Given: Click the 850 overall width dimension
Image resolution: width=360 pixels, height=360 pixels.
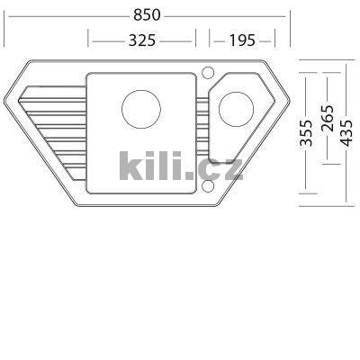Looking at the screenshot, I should point(148,16).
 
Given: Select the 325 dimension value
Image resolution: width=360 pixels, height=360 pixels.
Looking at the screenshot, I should point(142,40).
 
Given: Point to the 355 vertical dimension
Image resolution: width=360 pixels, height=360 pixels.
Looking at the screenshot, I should point(307,132).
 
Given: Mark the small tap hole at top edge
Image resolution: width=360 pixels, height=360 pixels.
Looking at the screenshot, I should point(208,70).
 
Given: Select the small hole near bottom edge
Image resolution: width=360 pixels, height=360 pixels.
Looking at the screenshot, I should point(209,186).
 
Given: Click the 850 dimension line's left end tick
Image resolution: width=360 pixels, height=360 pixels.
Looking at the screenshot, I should point(4,16).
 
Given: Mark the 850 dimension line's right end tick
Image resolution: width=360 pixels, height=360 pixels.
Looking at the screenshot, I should point(290,16).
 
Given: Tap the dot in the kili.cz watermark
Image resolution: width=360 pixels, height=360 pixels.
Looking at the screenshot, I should point(196,175).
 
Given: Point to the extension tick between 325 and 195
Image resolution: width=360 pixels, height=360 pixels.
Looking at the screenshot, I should point(202,40).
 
